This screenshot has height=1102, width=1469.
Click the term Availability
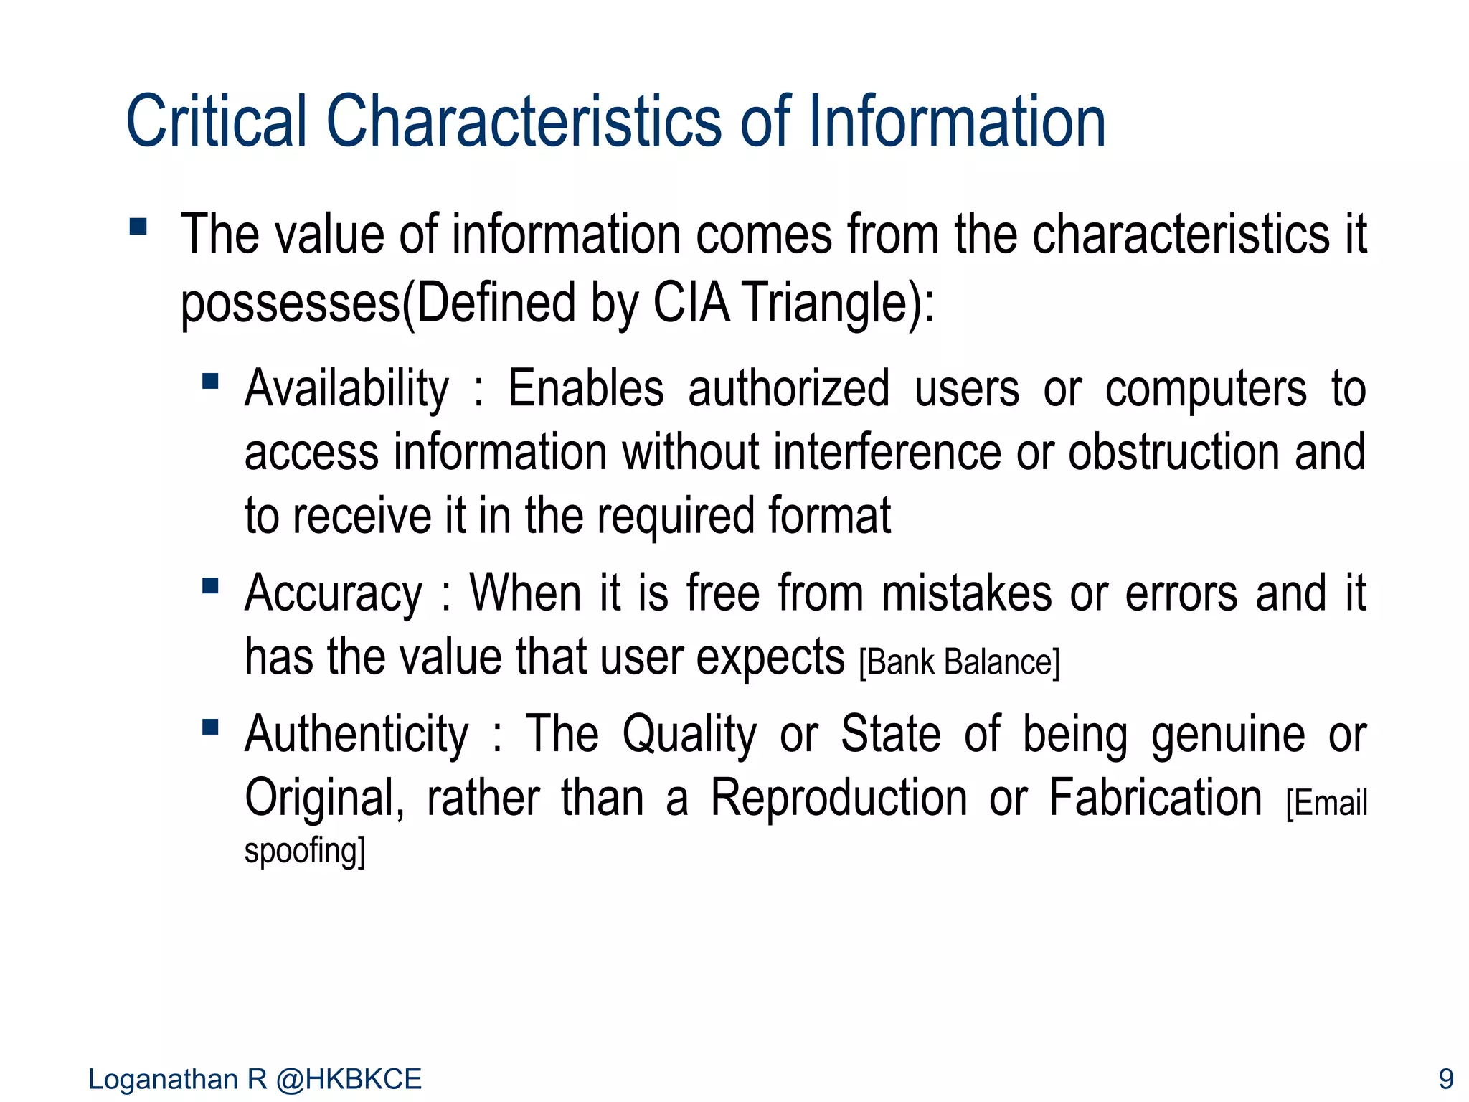coord(346,389)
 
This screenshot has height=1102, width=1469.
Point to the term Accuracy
coord(334,594)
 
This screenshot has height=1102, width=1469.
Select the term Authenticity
coord(356,735)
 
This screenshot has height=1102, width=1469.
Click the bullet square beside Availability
coord(210,380)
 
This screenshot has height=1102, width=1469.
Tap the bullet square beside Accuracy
coord(210,586)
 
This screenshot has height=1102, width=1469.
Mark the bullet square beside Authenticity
coord(210,727)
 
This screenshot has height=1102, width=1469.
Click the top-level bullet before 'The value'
coord(138,227)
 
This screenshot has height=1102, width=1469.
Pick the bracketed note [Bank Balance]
coord(958,662)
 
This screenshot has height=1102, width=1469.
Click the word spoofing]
coord(305,852)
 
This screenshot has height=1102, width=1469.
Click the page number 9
coord(1446,1079)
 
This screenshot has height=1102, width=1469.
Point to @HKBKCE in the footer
coord(349,1079)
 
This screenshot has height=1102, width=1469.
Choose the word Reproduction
coord(839,798)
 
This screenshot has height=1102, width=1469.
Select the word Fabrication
coord(1155,798)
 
